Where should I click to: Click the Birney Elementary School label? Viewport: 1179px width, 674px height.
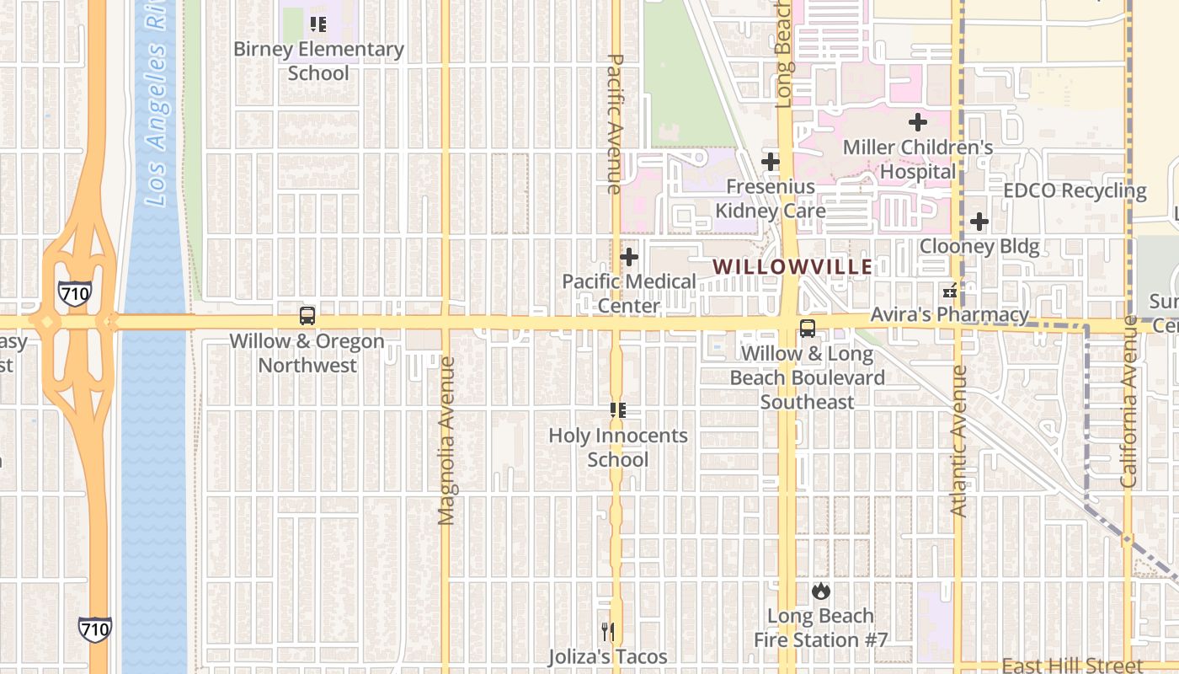318,61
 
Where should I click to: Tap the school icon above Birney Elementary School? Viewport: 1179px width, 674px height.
318,24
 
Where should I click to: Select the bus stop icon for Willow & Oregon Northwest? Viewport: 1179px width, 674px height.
307,317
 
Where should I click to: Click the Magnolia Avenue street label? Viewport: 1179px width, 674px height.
446,440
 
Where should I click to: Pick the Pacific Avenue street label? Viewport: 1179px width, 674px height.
615,123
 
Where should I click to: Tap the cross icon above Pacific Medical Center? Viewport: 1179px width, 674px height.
629,257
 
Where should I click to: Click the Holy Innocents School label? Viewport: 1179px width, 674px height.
618,447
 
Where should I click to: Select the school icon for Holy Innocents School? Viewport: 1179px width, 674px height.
618,410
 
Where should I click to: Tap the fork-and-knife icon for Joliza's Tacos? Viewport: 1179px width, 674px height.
608,631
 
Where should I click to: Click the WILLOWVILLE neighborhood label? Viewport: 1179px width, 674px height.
792,267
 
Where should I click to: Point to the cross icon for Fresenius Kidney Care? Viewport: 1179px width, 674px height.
771,162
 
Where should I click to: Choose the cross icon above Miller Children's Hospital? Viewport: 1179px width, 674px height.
918,123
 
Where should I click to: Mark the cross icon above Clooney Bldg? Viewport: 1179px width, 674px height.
979,222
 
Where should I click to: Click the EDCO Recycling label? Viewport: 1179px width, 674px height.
1075,190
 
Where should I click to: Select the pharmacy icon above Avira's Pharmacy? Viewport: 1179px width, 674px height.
950,291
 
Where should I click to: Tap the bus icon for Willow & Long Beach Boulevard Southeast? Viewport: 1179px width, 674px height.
808,329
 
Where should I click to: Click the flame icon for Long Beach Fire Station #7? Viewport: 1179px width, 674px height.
821,591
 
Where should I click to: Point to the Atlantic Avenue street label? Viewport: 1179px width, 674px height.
958,441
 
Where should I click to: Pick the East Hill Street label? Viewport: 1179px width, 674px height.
1073,666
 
